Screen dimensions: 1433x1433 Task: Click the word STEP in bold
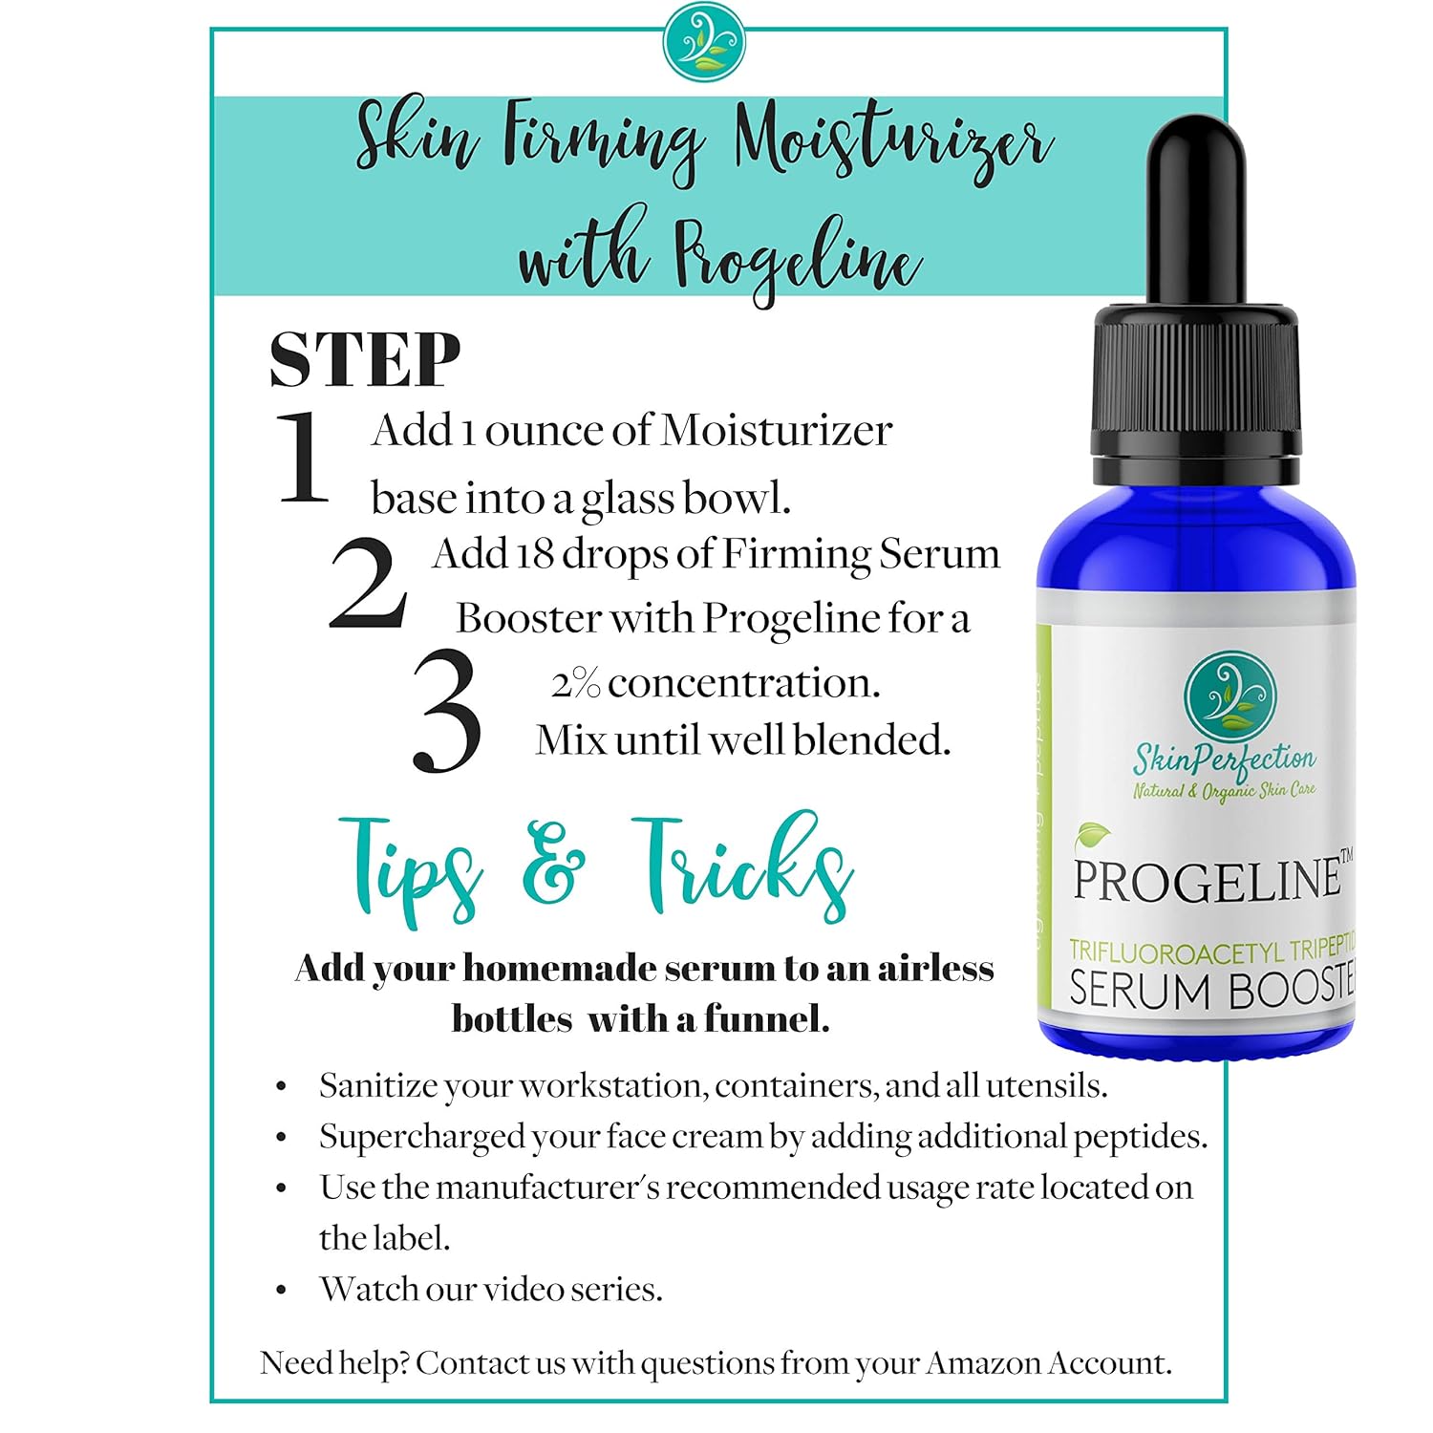pyautogui.click(x=364, y=360)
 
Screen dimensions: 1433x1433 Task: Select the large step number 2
pyautogui.click(x=367, y=583)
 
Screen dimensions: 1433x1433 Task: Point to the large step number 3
pyautogui.click(x=445, y=712)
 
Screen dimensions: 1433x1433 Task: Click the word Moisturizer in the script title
pyautogui.click(x=892, y=143)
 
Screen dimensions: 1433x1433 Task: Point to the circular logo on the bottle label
pyautogui.click(x=1230, y=697)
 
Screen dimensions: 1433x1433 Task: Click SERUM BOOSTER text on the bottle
pyautogui.click(x=1211, y=990)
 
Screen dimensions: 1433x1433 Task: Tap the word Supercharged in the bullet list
pyautogui.click(x=421, y=1137)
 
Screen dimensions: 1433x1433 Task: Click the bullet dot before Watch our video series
pyautogui.click(x=281, y=1291)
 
